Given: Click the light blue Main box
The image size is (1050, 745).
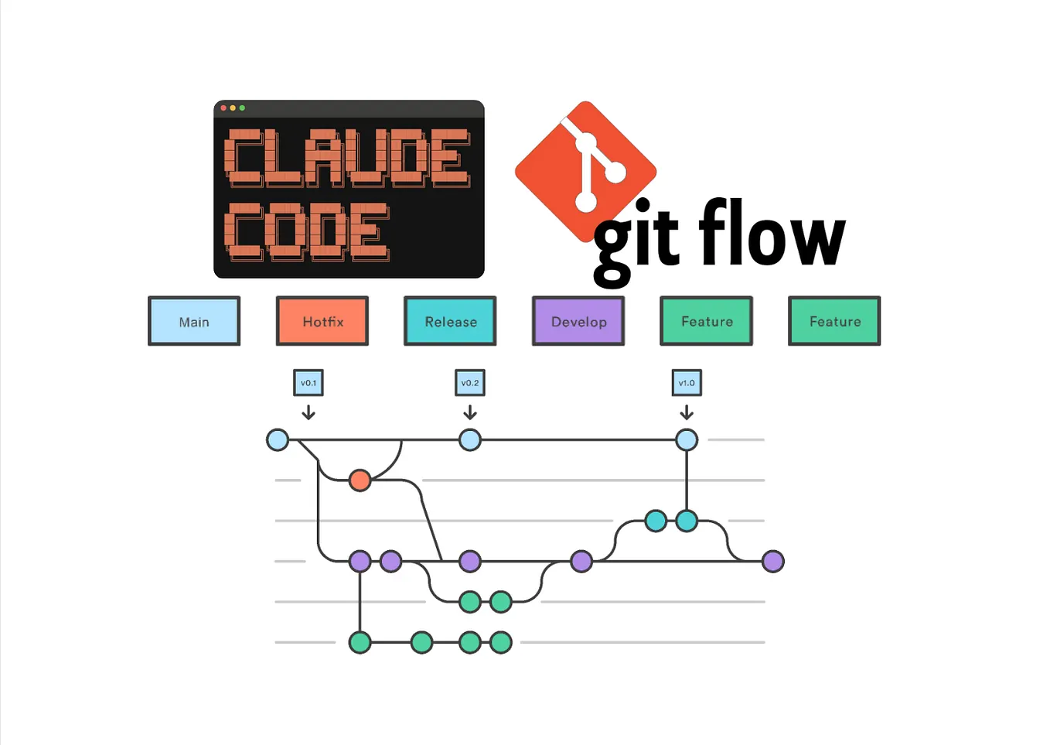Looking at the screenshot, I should coord(194,321).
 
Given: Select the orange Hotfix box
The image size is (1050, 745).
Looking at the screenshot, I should coord(322,321).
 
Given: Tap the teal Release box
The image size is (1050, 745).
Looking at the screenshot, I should coord(450,321).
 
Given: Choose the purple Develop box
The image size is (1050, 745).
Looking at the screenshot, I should coord(578,321).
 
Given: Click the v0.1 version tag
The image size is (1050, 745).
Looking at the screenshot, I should coord(309,383).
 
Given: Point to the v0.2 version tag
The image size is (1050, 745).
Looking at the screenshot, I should coord(470,383).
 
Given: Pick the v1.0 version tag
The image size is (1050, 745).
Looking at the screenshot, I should coord(687,383).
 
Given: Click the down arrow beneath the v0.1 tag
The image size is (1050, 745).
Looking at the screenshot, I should coord(309,412).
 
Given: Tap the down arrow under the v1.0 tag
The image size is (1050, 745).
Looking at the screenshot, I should coord(687,412).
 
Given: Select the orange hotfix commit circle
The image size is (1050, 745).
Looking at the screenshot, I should coord(360,480).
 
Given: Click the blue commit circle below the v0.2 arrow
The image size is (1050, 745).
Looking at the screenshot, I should coord(470,440).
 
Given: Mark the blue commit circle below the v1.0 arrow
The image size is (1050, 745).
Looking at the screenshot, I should coord(687,440).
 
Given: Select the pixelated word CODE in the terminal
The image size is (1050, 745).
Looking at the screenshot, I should coord(307,231).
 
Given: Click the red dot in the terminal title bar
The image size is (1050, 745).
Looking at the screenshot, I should coord(223,108).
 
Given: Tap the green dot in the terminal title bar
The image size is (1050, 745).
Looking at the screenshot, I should coord(242,108).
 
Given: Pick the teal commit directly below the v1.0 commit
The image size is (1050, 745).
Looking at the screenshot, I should coord(687,521).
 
